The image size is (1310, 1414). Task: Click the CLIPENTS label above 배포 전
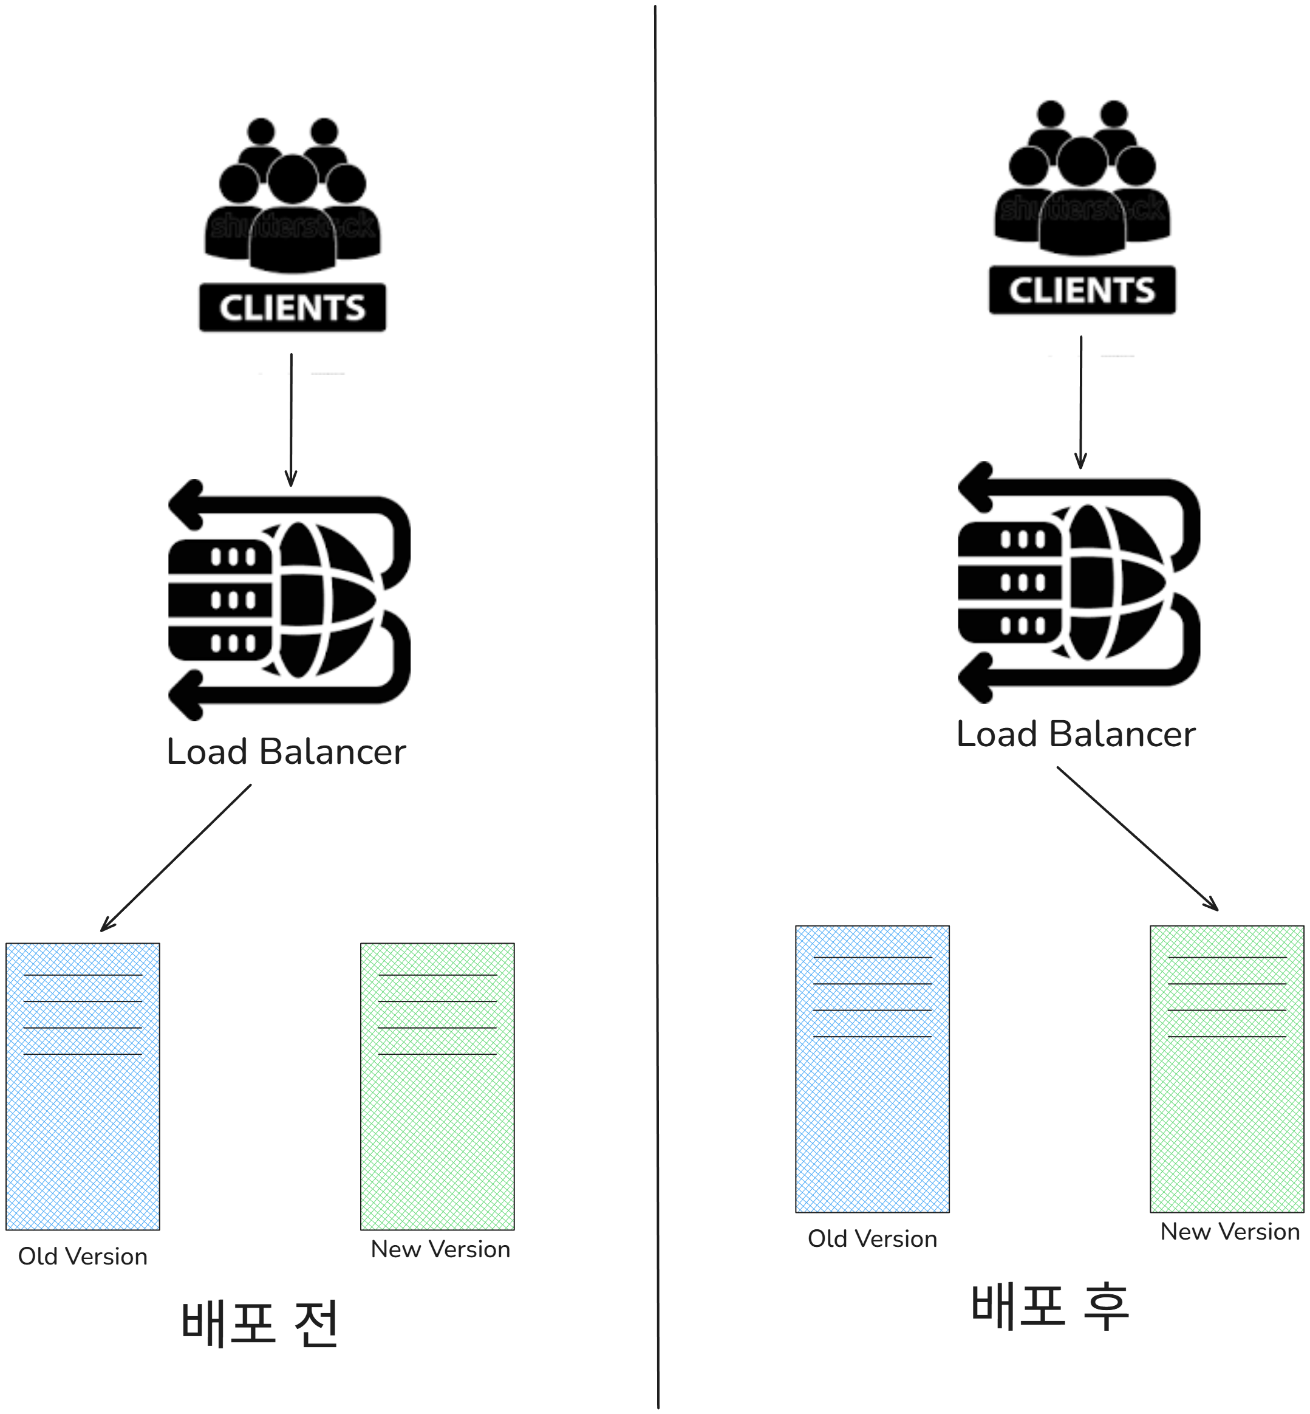292,307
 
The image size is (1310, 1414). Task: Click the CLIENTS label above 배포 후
1082,290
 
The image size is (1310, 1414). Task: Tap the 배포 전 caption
260,1323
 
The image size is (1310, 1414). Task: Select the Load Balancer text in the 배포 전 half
285,752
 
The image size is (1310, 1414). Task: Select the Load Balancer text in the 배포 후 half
1076,734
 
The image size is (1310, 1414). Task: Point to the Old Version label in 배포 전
83,1257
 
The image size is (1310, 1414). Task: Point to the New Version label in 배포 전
440,1249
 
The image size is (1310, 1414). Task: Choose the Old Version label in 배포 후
872,1239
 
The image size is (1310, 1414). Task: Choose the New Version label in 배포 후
1230,1232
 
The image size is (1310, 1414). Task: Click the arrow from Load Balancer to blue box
176,857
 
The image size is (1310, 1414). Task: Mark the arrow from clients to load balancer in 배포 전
291,419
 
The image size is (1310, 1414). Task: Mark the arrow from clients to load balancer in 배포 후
1080,402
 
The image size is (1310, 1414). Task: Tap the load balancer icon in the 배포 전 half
289,600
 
